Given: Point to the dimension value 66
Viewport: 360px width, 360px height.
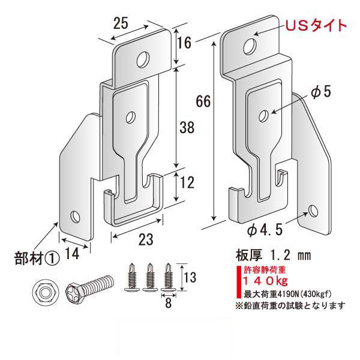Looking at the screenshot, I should [x=203, y=103].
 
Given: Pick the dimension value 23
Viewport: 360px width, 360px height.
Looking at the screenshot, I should [x=142, y=239].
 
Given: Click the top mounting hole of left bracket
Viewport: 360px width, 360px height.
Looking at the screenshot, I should [x=143, y=59].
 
